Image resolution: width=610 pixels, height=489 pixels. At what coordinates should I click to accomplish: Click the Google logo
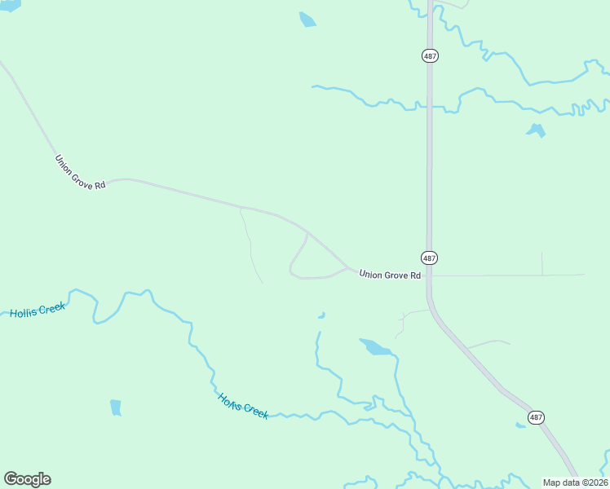tap(27, 479)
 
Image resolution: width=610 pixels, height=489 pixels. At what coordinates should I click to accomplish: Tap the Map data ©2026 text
tap(575, 482)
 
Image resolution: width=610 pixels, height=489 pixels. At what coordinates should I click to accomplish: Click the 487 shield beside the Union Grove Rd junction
tap(430, 258)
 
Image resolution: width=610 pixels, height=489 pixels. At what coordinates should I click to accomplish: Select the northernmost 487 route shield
tap(430, 55)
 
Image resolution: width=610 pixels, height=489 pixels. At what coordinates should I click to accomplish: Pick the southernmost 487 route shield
tap(536, 417)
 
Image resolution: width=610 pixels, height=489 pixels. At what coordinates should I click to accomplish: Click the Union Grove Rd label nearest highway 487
tap(390, 275)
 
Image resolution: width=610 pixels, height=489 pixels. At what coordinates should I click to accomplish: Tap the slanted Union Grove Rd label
tap(80, 173)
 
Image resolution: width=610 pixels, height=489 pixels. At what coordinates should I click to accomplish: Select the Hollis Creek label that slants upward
tap(38, 311)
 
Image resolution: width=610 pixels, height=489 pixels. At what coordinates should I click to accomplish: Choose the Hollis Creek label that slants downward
tap(243, 406)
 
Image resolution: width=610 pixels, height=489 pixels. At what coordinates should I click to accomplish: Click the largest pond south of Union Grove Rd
tap(375, 347)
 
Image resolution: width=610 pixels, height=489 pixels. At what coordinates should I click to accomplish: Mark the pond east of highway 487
tap(536, 130)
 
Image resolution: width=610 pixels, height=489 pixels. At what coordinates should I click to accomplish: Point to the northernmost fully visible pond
tap(307, 20)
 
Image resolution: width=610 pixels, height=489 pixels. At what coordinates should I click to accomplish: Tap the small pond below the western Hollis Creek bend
tap(116, 407)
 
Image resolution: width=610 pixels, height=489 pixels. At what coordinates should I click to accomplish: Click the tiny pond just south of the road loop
tap(322, 315)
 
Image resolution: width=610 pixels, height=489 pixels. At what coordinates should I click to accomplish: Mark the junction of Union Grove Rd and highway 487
tap(430, 275)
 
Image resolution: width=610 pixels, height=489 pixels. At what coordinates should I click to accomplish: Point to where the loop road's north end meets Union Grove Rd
tap(307, 232)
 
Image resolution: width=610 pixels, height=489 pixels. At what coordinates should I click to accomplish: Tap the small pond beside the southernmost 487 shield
tap(520, 425)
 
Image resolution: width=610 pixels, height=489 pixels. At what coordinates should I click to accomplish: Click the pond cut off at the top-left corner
tap(10, 4)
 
